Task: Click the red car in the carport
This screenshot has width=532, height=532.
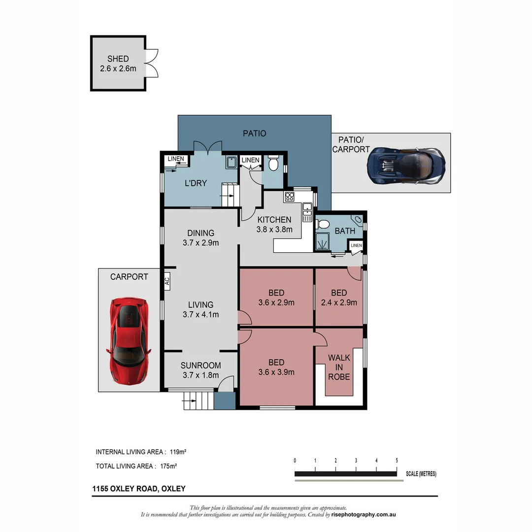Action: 128,340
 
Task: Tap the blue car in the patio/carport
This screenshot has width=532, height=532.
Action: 406,166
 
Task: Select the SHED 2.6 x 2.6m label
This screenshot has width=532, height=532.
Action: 118,64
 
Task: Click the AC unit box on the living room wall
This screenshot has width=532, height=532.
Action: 167,282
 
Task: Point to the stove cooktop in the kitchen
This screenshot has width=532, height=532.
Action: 289,197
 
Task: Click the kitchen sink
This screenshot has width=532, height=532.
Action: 307,212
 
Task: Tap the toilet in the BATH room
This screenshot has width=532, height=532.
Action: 323,225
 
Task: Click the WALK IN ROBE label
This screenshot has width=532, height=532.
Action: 339,367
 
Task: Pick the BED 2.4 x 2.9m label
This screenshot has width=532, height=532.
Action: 339,298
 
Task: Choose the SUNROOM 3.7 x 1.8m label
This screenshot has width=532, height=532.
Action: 200,370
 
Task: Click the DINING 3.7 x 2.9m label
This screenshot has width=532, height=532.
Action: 200,237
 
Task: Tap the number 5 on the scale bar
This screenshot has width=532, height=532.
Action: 397,461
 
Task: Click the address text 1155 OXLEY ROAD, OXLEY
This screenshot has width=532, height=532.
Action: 139,489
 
